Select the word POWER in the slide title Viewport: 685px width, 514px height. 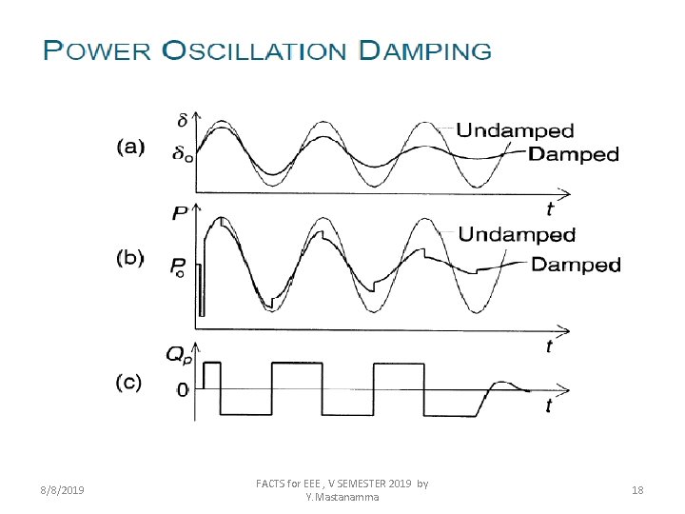97,50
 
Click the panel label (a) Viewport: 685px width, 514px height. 129,148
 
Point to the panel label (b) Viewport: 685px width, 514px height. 129,256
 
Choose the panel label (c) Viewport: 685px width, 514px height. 129,383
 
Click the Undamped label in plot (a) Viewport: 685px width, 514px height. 515,130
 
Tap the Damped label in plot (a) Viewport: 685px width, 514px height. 573,154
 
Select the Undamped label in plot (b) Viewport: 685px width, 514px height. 517,234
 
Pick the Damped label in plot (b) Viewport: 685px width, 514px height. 576,265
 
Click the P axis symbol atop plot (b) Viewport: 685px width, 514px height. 181,215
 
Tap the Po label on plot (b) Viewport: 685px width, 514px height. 180,269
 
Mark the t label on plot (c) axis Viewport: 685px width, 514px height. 549,406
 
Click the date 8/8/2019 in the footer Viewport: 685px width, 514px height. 62,490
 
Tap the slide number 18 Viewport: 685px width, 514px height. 637,490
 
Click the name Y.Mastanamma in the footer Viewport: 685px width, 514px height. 342,497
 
